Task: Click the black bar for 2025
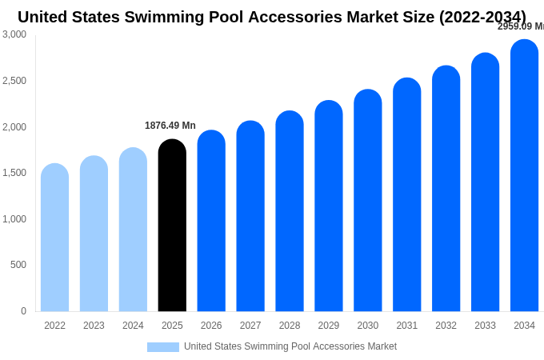click(172, 226)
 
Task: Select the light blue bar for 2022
click(54, 238)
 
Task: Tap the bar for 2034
click(524, 176)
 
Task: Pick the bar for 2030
click(368, 201)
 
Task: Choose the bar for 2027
click(250, 216)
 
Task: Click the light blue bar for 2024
click(133, 230)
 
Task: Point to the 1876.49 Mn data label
click(170, 126)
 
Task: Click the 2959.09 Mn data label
click(521, 26)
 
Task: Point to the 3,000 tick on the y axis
click(14, 34)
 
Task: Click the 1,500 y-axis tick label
click(14, 173)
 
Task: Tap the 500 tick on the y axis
click(18, 265)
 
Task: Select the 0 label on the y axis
click(23, 311)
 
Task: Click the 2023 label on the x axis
click(94, 326)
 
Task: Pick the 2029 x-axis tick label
click(329, 326)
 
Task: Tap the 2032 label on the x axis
click(446, 326)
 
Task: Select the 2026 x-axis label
click(211, 326)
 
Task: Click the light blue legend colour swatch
click(163, 347)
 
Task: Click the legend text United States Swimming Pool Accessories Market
click(290, 346)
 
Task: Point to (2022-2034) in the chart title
click(482, 17)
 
